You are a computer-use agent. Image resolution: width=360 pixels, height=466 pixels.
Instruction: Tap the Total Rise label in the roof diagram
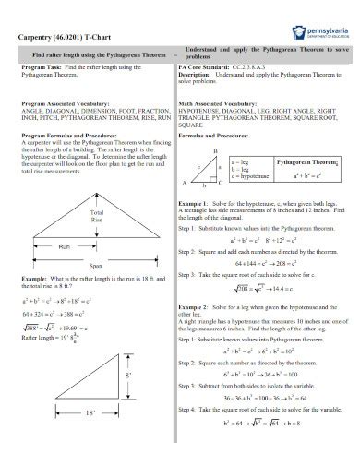[97, 217]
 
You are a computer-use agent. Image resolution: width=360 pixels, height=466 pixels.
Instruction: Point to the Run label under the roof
[64, 246]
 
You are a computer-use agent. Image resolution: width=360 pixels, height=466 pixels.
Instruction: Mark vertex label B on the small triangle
[215, 150]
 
